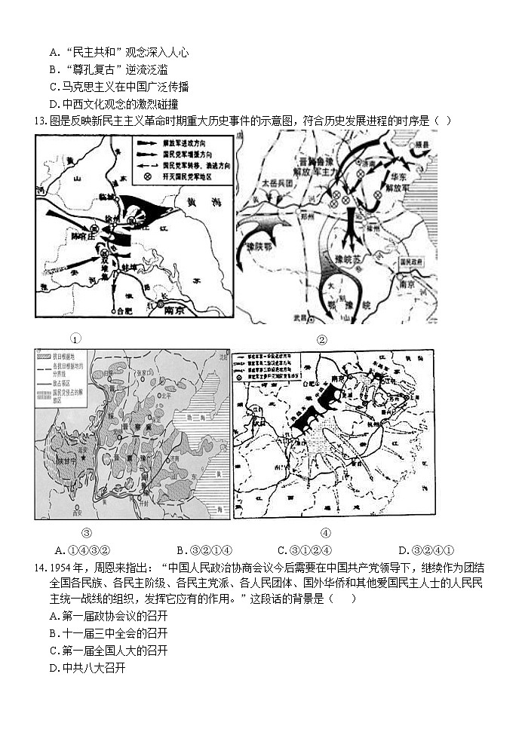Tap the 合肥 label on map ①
click(120, 310)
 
